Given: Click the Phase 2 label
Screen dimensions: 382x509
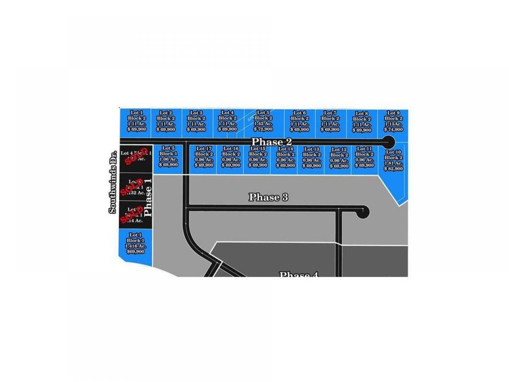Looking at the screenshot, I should (271, 142).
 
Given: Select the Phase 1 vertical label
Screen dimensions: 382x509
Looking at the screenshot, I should (148, 197).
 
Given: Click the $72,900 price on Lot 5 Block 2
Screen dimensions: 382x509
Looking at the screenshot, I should (263, 129).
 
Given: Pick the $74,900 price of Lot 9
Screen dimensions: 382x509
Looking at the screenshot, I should (393, 129).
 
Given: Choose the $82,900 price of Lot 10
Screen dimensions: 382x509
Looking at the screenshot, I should (393, 169).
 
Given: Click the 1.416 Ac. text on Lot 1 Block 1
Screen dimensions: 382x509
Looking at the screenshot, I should (135, 246).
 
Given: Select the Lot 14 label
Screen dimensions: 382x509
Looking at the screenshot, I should (285, 149).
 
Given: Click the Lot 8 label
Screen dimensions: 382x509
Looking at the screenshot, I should (361, 113).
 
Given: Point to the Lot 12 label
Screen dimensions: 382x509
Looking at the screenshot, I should (339, 149).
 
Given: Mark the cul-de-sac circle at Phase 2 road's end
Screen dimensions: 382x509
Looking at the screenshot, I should (388, 142).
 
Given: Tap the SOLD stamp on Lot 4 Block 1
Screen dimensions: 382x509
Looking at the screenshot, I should (135, 157).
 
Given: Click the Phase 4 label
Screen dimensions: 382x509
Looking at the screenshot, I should (298, 274).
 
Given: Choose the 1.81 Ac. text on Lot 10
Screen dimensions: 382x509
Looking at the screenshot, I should (393, 163).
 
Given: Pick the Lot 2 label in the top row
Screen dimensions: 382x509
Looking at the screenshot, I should (165, 113).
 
